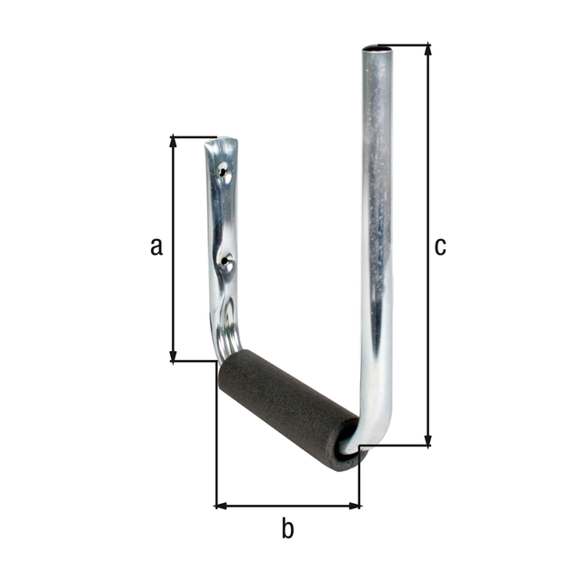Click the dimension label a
tap(156, 246)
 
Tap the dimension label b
tap(287, 528)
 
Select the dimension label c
tap(440, 246)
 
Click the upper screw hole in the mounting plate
tap(225, 169)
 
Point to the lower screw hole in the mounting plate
tap(226, 262)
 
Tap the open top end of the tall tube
tap(378, 48)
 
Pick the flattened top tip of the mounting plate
tap(225, 145)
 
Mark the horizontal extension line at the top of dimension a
tap(193, 137)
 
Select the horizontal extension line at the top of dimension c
tap(409, 44)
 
